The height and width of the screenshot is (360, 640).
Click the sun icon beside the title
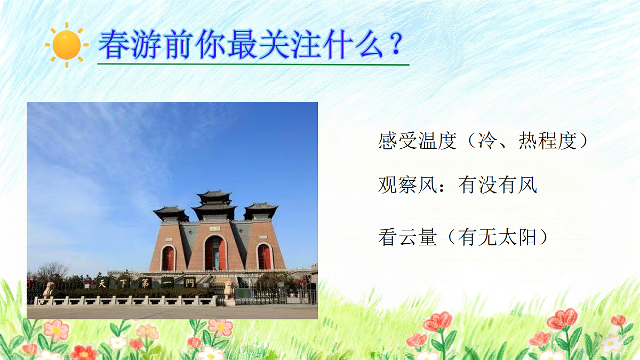click(67, 45)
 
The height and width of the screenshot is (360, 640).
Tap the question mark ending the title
click(395, 44)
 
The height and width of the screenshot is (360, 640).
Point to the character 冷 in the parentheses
click(492, 141)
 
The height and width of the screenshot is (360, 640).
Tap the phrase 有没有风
click(497, 185)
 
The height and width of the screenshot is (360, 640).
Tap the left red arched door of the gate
click(169, 258)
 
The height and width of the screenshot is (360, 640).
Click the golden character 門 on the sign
click(190, 283)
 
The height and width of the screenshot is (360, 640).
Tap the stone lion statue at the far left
click(49, 290)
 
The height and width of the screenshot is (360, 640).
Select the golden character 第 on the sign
click(144, 282)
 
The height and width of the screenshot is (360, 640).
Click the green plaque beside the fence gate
click(244, 294)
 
